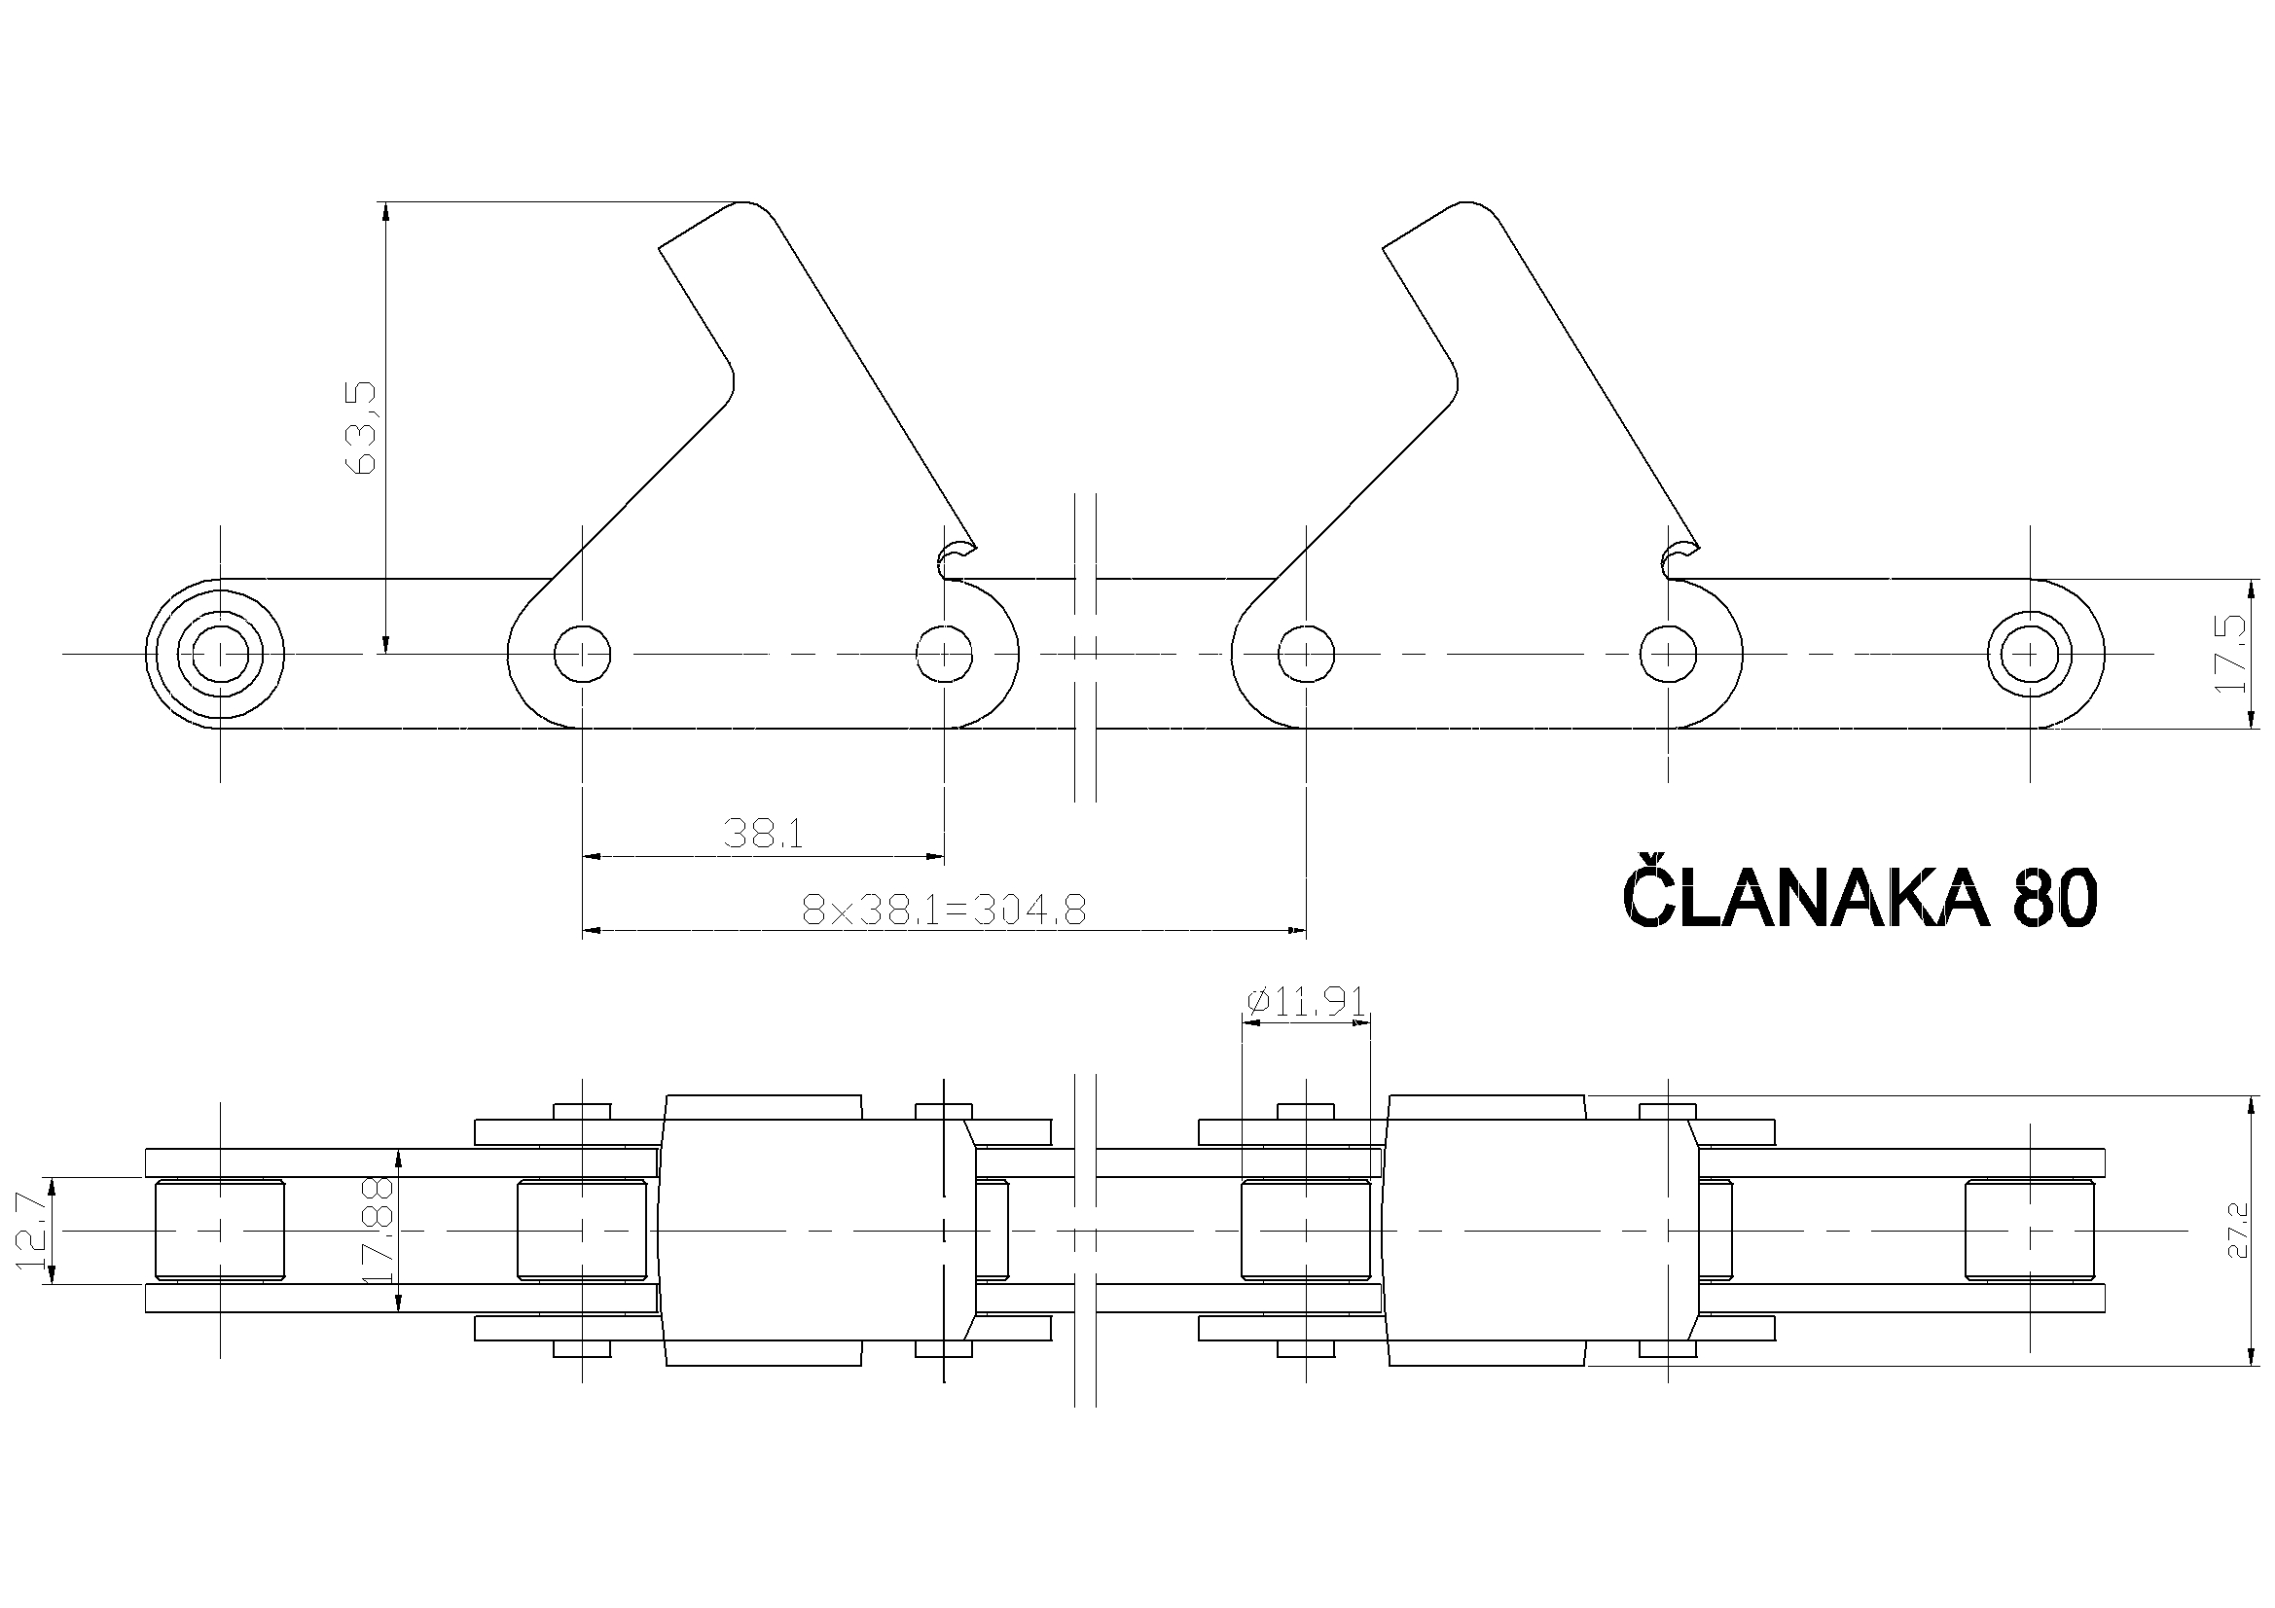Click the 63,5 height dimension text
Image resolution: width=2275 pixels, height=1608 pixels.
[x=365, y=426]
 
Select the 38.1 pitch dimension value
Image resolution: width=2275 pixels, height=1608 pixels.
[x=763, y=834]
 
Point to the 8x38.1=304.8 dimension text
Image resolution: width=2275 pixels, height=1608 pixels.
[x=944, y=909]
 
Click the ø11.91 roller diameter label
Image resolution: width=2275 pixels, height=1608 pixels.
[x=1306, y=1003]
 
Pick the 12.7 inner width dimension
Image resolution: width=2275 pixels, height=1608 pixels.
[x=32, y=1231]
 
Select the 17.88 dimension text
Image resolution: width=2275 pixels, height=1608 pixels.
[x=379, y=1231]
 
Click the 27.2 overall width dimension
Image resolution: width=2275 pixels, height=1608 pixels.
[x=2237, y=1231]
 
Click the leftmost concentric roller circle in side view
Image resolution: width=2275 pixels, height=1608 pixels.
[x=219, y=654]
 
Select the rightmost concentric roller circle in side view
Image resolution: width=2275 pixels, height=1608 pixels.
[x=2029, y=654]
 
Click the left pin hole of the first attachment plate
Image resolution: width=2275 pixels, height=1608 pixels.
[x=582, y=654]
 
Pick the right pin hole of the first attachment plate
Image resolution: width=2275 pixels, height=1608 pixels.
[x=943, y=654]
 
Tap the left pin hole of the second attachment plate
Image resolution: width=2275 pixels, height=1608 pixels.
[x=1306, y=654]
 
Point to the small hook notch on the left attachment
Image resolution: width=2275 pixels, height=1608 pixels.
[x=954, y=560]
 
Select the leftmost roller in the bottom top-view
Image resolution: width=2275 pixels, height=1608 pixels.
[x=219, y=1231]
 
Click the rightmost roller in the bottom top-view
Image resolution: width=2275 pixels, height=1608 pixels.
[x=2029, y=1231]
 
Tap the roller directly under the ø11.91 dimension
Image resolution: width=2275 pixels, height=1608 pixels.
[x=1306, y=1231]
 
